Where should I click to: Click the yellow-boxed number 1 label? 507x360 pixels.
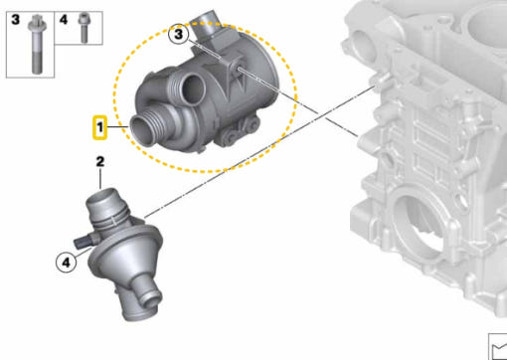(x=99, y=127)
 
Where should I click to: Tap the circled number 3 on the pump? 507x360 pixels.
(x=178, y=34)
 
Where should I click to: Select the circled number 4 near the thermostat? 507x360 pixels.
(x=67, y=263)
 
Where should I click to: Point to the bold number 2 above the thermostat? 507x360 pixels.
(x=100, y=162)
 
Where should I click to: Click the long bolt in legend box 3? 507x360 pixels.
(x=36, y=44)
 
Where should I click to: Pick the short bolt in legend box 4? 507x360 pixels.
(x=84, y=27)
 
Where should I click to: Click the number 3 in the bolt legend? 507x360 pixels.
(x=15, y=20)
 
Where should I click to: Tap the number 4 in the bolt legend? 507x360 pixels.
(x=64, y=20)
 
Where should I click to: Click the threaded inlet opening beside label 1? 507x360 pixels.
(x=141, y=129)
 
